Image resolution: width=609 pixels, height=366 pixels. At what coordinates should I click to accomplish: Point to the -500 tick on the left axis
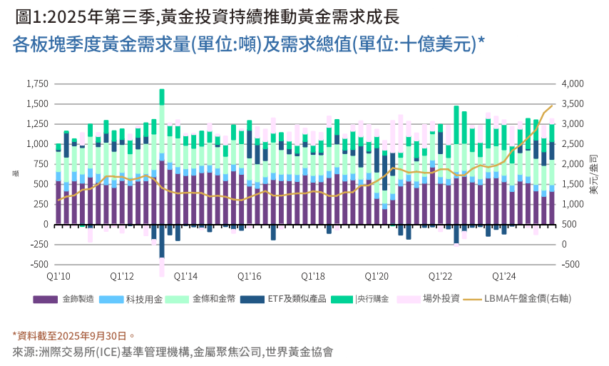(x=36, y=265)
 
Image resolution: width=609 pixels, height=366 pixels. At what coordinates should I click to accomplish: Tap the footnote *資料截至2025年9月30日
(x=73, y=335)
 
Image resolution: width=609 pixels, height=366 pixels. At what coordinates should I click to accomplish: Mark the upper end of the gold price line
(x=552, y=106)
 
